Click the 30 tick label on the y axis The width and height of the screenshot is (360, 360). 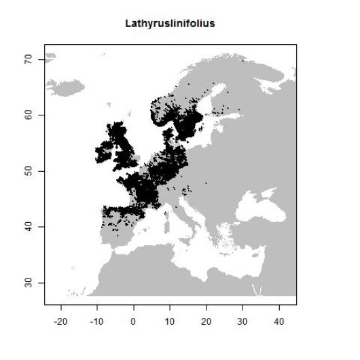[x=31, y=283]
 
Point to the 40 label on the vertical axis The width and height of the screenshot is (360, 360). [x=31, y=227]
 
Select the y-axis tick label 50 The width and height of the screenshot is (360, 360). [x=31, y=171]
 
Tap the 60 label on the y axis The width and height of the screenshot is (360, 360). [x=31, y=115]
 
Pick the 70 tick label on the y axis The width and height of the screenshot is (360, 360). [x=31, y=60]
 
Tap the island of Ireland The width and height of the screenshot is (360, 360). [x=105, y=154]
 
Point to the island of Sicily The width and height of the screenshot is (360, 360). [x=185, y=240]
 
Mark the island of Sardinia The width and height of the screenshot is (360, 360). [x=166, y=227]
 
